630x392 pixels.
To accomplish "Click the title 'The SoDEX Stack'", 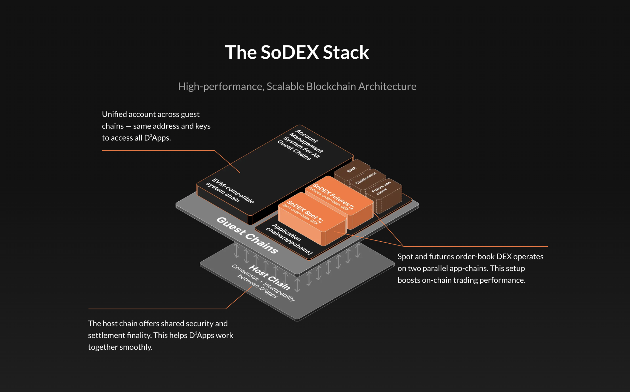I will (297, 52).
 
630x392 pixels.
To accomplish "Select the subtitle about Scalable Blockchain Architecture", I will (297, 86).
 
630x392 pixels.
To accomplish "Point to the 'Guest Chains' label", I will (247, 235).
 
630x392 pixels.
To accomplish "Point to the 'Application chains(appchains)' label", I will (289, 239).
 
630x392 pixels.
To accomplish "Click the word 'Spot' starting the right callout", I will (405, 257).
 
